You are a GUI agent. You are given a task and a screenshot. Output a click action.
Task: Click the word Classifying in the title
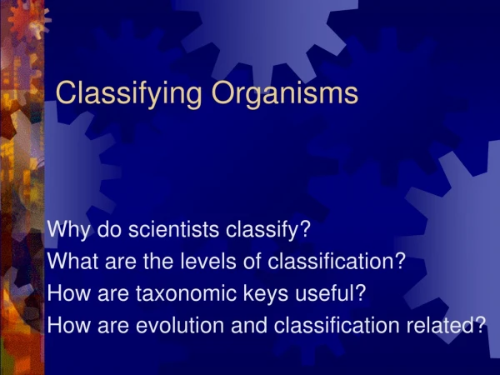point(128,92)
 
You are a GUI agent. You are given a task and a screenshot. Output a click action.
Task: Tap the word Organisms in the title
point(285,92)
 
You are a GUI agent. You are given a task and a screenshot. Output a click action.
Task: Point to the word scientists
point(173,229)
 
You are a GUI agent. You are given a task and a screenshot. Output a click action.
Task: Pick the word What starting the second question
point(72,261)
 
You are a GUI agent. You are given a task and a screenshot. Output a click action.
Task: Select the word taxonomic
point(186,293)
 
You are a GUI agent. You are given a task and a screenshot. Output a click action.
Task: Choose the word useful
point(325,292)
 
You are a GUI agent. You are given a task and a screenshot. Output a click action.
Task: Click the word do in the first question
point(109,229)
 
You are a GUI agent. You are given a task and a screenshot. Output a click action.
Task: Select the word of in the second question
point(252,261)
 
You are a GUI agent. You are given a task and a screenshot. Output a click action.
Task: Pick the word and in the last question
point(248,325)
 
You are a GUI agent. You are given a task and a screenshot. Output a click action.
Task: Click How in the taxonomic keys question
point(69,292)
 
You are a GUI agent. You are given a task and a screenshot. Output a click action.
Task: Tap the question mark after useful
point(361,292)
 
